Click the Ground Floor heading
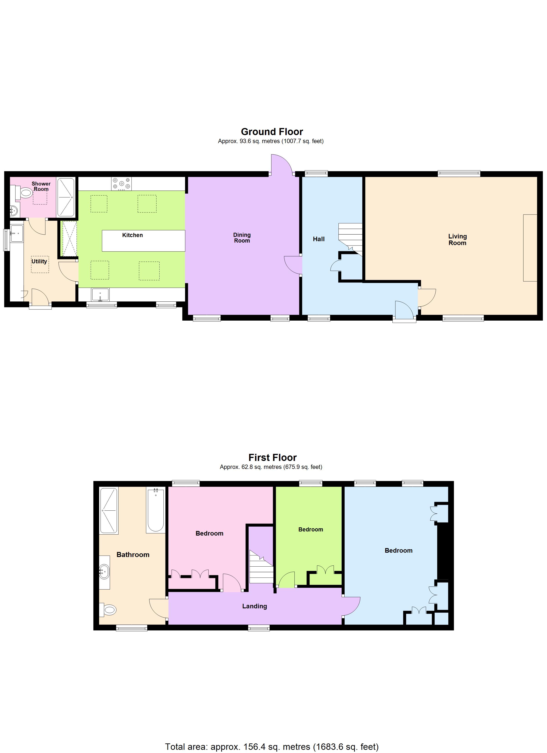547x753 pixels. click(272, 132)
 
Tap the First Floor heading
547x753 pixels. click(273, 458)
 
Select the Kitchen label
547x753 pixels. click(132, 235)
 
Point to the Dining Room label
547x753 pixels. click(242, 238)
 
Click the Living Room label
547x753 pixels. click(457, 239)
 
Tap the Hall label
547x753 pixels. click(319, 239)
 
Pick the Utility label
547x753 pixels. click(39, 261)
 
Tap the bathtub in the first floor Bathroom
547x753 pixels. click(156, 511)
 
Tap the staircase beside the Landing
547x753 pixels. click(261, 567)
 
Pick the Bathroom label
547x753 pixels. click(133, 554)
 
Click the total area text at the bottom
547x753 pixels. click(272, 747)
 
